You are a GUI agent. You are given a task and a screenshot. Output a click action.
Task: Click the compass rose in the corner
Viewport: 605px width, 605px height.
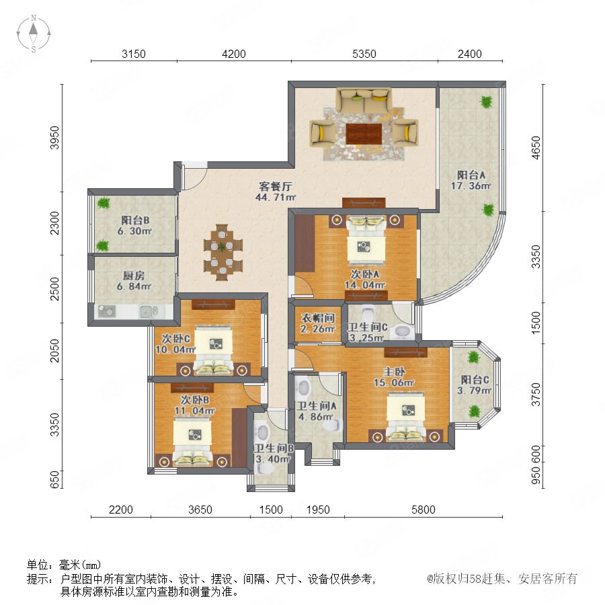point(34,34)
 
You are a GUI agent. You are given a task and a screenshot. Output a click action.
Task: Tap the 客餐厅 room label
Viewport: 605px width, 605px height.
point(275,186)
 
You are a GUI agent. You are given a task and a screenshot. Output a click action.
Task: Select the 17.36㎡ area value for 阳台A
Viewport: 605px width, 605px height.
point(471,186)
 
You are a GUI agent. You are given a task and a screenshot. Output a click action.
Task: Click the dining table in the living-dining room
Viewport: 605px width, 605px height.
point(223,252)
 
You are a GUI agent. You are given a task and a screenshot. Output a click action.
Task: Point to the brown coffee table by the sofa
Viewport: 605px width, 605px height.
point(364,134)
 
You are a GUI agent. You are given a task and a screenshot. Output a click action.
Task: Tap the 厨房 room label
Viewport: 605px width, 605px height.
point(134,276)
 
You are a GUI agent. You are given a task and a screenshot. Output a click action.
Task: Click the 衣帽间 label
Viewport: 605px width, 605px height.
point(318,318)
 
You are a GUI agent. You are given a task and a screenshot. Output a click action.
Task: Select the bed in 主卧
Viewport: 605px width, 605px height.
point(406,417)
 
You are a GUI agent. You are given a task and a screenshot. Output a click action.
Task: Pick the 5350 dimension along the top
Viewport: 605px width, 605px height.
point(364,54)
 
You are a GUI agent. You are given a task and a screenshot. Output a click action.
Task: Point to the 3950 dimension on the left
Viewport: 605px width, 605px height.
point(55,137)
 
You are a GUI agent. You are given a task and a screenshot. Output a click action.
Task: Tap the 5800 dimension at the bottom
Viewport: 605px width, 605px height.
point(424,510)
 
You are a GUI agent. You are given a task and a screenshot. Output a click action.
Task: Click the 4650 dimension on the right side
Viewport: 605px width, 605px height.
point(536,147)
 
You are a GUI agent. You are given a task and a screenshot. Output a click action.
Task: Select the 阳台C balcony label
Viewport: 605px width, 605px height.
point(475,380)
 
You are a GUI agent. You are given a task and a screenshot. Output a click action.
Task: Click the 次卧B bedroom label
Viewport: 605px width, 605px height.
point(195,400)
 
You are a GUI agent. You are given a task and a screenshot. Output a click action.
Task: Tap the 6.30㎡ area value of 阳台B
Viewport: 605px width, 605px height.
point(134,231)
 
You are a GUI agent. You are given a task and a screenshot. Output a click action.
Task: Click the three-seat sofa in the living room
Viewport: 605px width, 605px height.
point(364,100)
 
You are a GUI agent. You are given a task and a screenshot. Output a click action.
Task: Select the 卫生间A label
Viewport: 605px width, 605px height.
point(317,406)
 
